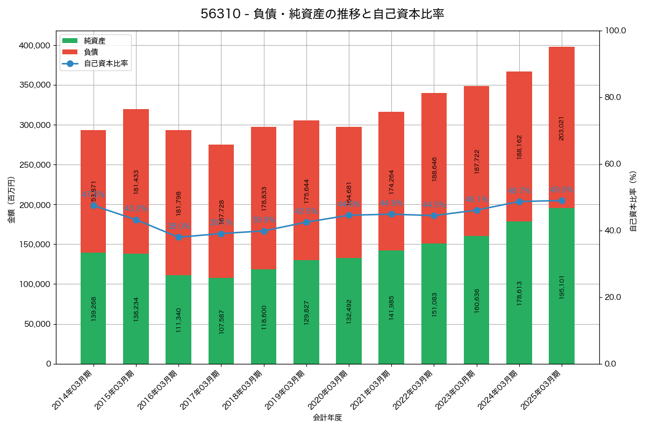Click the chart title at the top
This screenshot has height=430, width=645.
pos(322,15)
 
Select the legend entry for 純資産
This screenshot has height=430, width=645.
pos(95,41)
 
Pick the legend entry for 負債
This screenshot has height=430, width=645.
pos(90,52)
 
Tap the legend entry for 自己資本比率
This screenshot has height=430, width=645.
pos(105,63)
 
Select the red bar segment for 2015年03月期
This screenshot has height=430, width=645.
pos(136,181)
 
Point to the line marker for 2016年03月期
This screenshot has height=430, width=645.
pos(178,237)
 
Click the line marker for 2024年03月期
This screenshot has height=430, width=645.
pos(519,202)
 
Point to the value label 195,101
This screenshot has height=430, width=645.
pos(562,286)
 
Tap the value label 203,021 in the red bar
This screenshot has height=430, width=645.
pos(562,128)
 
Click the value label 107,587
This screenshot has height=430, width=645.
pos(221,321)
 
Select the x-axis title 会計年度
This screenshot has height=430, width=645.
pos(327,417)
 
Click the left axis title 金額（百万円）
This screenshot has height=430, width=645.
pos(11,200)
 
